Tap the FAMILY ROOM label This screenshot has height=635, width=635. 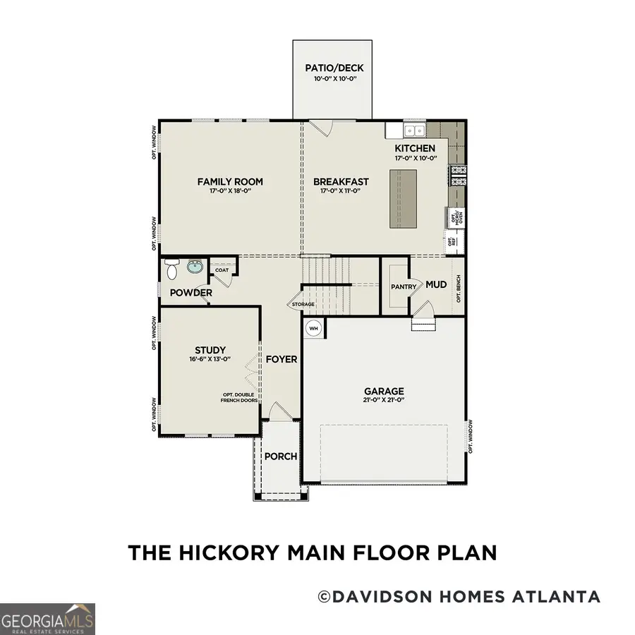click(x=224, y=182)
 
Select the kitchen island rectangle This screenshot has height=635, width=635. click(x=401, y=198)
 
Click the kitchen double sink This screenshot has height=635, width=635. click(x=413, y=131)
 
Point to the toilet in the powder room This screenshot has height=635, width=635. click(x=171, y=269)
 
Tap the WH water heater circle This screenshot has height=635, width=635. click(x=313, y=328)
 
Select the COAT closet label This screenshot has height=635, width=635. click(x=222, y=270)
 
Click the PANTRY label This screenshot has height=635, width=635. click(x=404, y=287)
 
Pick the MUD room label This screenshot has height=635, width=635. click(x=436, y=285)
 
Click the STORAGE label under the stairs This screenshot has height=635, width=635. click(x=303, y=304)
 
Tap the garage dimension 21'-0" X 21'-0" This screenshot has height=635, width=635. click(x=384, y=400)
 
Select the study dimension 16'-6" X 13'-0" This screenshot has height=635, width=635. click(x=210, y=359)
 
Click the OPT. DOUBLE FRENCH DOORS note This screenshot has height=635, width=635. click(x=238, y=396)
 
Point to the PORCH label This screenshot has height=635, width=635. click(x=281, y=456)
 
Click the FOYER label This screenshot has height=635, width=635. click(x=282, y=359)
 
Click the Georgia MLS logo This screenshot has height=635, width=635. click(x=47, y=619)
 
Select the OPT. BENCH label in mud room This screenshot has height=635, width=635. click(x=459, y=289)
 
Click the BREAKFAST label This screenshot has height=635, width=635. click(x=341, y=182)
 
